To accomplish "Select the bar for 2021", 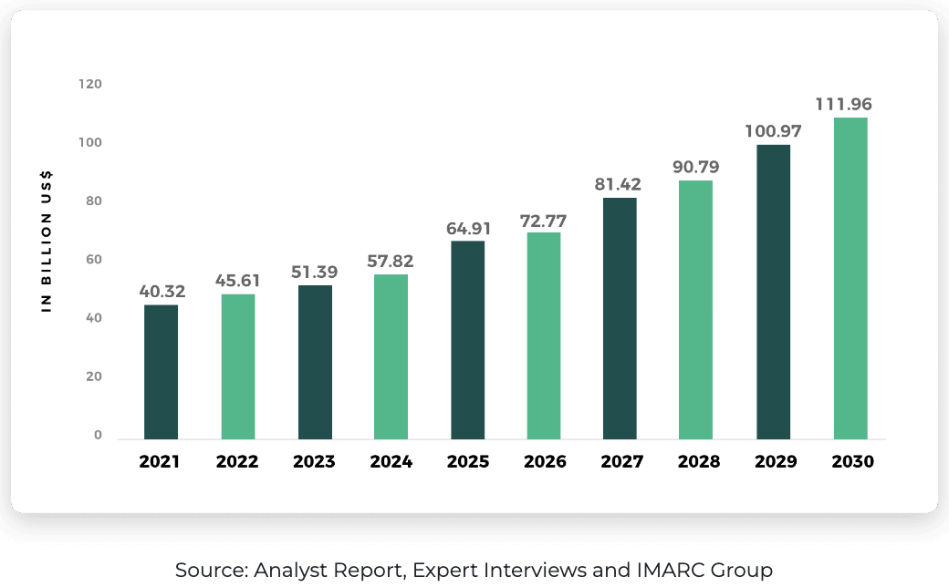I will pyautogui.click(x=161, y=372).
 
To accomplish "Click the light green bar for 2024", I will pyautogui.click(x=391, y=356).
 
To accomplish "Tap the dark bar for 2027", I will pyautogui.click(x=620, y=318).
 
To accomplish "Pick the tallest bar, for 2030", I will pyautogui.click(x=850, y=278).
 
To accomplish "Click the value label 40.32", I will pyautogui.click(x=162, y=292).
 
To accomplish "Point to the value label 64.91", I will pyautogui.click(x=468, y=228).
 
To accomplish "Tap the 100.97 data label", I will pyautogui.click(x=774, y=131).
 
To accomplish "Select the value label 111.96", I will pyautogui.click(x=851, y=104).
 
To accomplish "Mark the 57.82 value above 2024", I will pyautogui.click(x=391, y=262).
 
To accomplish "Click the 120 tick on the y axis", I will pyautogui.click(x=90, y=84).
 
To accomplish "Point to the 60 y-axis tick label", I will pyautogui.click(x=93, y=260).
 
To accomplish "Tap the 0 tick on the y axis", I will pyautogui.click(x=98, y=436).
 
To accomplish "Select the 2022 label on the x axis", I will pyautogui.click(x=237, y=462).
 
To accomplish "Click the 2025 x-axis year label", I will pyautogui.click(x=468, y=462).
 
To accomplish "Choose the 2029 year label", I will pyautogui.click(x=776, y=462).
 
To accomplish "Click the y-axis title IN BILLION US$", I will pyautogui.click(x=47, y=242).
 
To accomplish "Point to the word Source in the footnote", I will pyautogui.click(x=209, y=571).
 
